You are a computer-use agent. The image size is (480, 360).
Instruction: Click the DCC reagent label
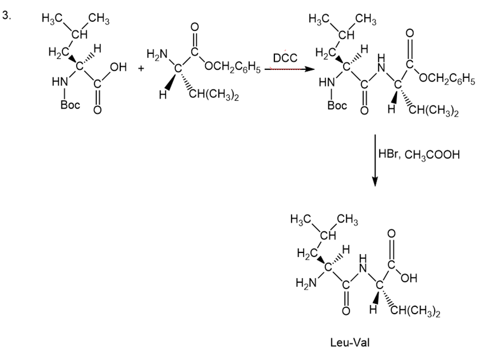tap(285, 58)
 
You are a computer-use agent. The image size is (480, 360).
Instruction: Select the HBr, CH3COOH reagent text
tap(419, 154)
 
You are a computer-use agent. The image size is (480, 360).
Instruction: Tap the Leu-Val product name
tap(350, 342)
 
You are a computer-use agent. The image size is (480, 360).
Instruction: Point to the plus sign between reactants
tap(141, 68)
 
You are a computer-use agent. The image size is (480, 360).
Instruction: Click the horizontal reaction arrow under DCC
tap(290, 69)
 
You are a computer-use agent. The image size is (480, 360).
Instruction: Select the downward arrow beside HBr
tap(375, 160)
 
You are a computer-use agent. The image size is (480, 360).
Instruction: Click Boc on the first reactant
tap(70, 105)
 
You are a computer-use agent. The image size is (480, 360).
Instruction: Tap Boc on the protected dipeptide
tap(337, 105)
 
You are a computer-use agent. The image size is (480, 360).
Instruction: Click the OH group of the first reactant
tap(118, 67)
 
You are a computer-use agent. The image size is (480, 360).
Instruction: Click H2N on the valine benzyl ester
tap(157, 54)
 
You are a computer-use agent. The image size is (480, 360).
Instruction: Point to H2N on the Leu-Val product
tap(306, 283)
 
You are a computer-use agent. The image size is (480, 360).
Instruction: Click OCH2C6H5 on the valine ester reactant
tap(233, 67)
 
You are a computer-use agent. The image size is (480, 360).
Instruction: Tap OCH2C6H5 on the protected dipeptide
tap(447, 79)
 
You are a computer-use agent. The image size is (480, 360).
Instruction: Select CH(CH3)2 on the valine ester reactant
tap(214, 95)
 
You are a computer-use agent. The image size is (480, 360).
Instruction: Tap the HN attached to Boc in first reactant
tap(60, 81)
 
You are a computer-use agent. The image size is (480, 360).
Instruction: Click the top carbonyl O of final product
tap(392, 234)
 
